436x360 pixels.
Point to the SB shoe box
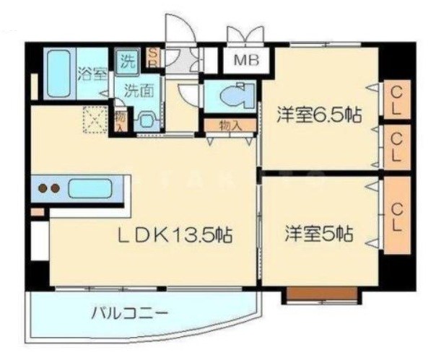pos(153,56)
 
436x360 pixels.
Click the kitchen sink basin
pos(90,190)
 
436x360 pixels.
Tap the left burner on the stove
pos(42,189)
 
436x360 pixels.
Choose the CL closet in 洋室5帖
pos(396,215)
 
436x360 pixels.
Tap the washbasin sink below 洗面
pos(147,120)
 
